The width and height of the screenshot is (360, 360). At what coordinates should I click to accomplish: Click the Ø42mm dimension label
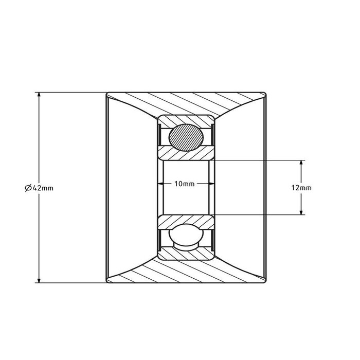coord(39,188)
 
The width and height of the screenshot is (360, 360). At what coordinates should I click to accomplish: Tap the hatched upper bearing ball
coord(185,136)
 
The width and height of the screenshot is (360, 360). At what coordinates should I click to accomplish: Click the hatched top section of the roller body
coord(185,102)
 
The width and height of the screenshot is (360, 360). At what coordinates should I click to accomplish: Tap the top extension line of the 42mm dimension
coord(72,93)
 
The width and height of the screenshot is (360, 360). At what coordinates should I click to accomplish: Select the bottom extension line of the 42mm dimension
coord(72,282)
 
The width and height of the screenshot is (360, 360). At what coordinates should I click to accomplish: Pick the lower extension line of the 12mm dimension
coord(257,213)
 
